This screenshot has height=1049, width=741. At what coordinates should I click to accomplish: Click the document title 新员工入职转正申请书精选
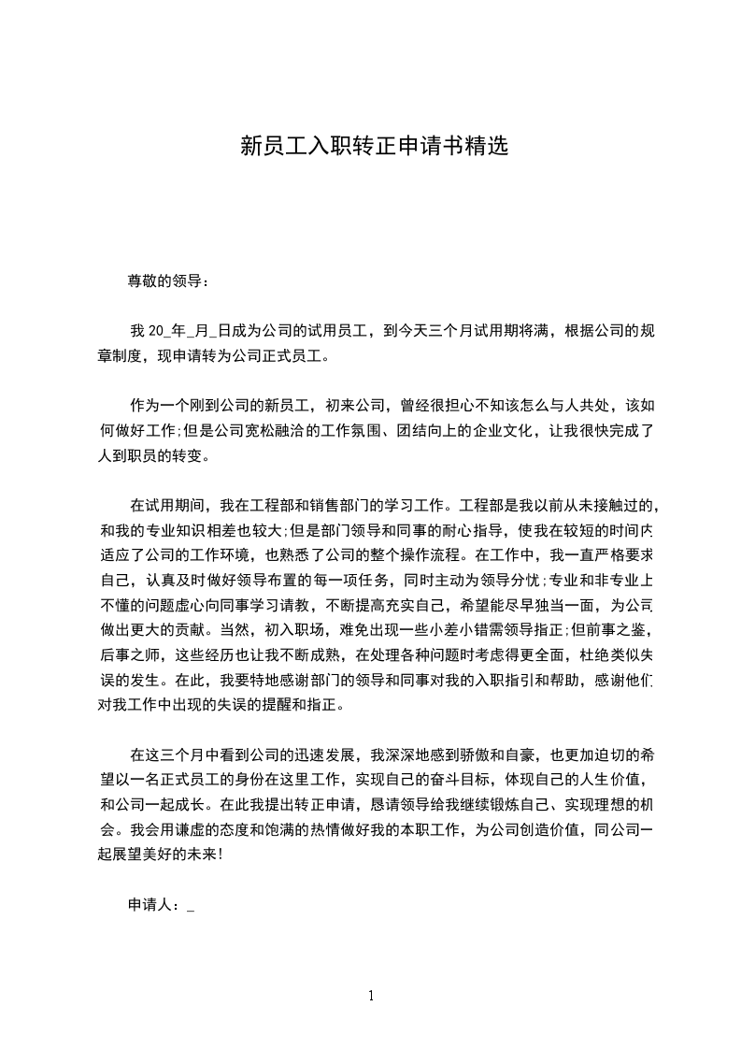(x=374, y=146)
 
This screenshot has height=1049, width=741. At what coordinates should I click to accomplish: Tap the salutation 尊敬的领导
(x=164, y=280)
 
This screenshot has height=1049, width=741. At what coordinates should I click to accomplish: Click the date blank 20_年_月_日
(x=183, y=330)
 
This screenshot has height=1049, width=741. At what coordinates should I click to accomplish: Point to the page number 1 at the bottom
(x=371, y=995)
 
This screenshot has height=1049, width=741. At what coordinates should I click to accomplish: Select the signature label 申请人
(x=152, y=904)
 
